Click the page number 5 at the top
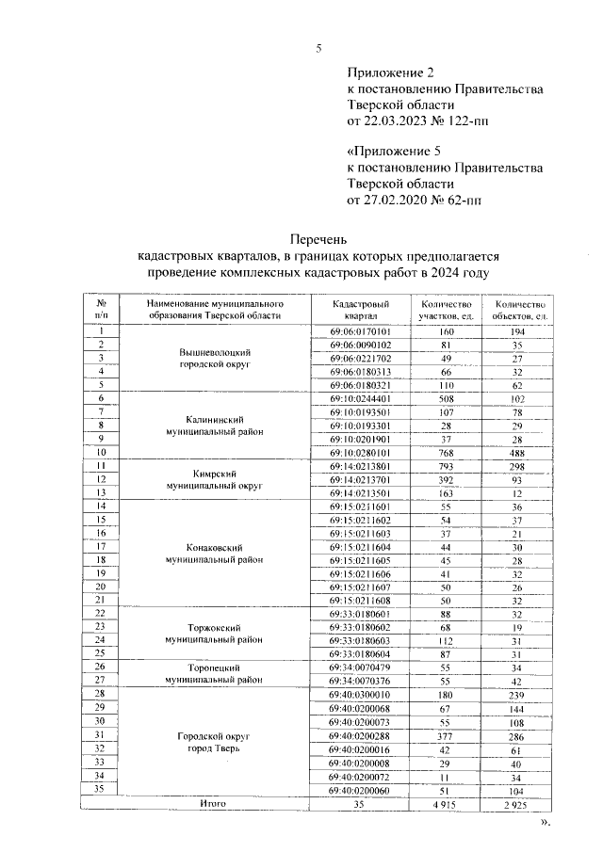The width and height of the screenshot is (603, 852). [318, 49]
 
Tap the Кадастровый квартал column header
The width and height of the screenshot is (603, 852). [361, 311]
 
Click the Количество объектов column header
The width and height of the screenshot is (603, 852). [513, 311]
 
